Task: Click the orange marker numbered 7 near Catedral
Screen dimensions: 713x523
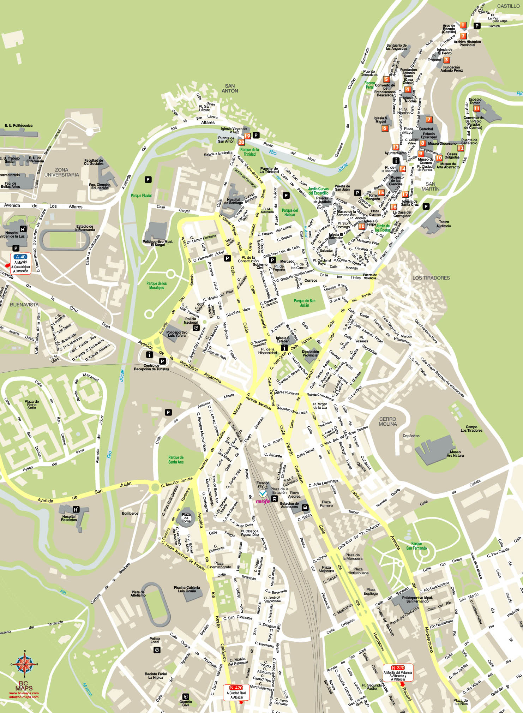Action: pos(429,120)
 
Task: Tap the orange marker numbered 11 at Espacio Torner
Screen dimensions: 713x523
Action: pos(476,108)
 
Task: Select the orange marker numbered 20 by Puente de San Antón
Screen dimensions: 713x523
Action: pos(241,142)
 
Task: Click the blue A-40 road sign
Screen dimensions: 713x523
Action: pos(21,257)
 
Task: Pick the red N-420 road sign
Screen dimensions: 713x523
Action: pos(236,688)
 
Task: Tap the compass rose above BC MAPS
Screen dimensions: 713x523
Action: pos(24,664)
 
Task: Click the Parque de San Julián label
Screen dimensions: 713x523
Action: pos(304,303)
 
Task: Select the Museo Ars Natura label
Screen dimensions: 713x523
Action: pos(455,454)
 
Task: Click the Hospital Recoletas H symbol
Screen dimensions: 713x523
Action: pos(76,509)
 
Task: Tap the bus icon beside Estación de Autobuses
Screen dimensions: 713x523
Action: pos(305,508)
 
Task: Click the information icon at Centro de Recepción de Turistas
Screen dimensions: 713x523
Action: pos(149,355)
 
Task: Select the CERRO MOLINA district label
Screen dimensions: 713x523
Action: pos(387,421)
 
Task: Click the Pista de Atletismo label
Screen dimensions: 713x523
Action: pos(138,593)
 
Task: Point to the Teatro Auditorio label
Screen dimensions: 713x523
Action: pos(443,224)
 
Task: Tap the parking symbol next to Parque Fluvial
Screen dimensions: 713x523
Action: pos(148,180)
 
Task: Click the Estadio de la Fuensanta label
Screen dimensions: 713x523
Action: pos(85,228)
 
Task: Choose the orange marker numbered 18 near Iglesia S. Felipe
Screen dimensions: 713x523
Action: pos(362,227)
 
